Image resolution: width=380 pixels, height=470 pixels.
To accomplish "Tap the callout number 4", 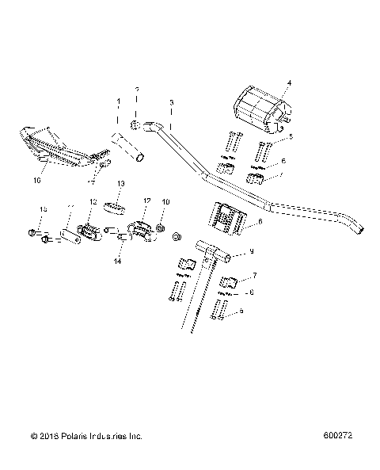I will pos(288,82).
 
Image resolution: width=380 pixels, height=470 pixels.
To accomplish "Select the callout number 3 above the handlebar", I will pos(172,102).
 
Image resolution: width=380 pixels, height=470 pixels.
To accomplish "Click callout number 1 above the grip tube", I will pos(120,103).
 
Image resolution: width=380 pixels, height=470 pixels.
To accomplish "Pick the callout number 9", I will pos(251,252).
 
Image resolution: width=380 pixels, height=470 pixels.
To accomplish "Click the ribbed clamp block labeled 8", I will pos(225,218).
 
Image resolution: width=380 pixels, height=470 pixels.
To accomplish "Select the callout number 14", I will pos(117,260).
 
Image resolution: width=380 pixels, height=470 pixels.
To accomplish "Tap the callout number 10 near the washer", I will pos(166,202).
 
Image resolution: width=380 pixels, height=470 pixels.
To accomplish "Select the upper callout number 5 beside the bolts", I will pos(290,137).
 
